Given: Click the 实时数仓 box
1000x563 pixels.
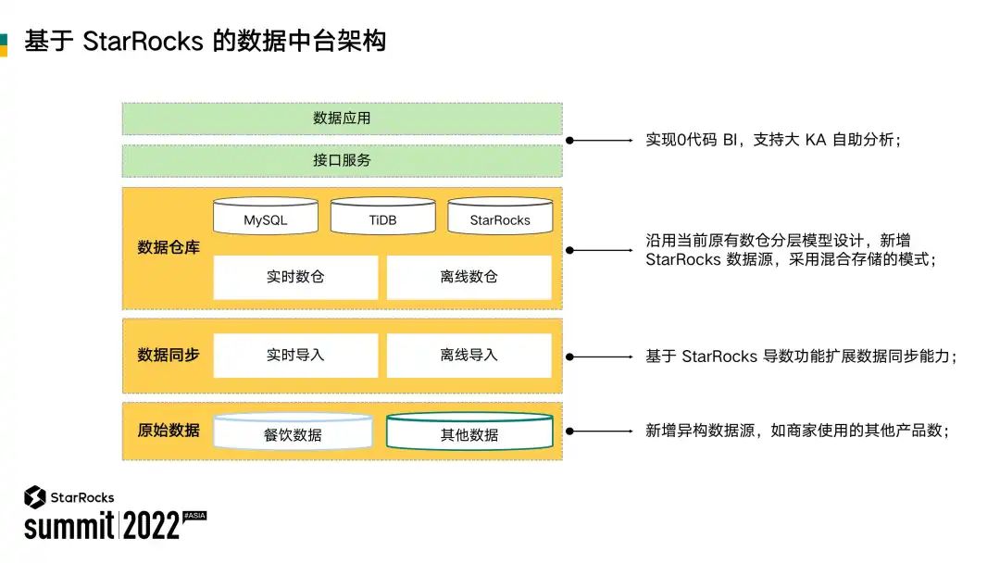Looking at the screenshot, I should [x=295, y=277].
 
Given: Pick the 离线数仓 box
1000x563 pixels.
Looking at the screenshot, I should [x=469, y=277].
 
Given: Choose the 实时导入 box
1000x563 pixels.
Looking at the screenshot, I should [x=295, y=356].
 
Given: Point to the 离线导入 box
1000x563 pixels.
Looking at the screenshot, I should [x=469, y=356].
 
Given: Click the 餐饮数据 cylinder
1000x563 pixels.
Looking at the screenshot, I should [x=293, y=432].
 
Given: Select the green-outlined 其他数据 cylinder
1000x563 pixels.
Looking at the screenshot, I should [x=469, y=432].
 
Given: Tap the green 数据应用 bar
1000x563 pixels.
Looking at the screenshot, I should [x=342, y=119].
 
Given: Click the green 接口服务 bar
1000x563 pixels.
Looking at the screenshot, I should [x=342, y=160].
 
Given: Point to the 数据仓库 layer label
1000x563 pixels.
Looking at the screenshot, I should [x=169, y=247].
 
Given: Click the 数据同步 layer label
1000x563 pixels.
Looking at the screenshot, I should [x=169, y=355].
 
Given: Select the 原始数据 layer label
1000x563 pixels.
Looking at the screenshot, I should [x=169, y=430].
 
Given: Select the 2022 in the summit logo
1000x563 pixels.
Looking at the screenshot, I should [x=151, y=526].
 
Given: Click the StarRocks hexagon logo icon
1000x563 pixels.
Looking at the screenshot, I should [x=35, y=497].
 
